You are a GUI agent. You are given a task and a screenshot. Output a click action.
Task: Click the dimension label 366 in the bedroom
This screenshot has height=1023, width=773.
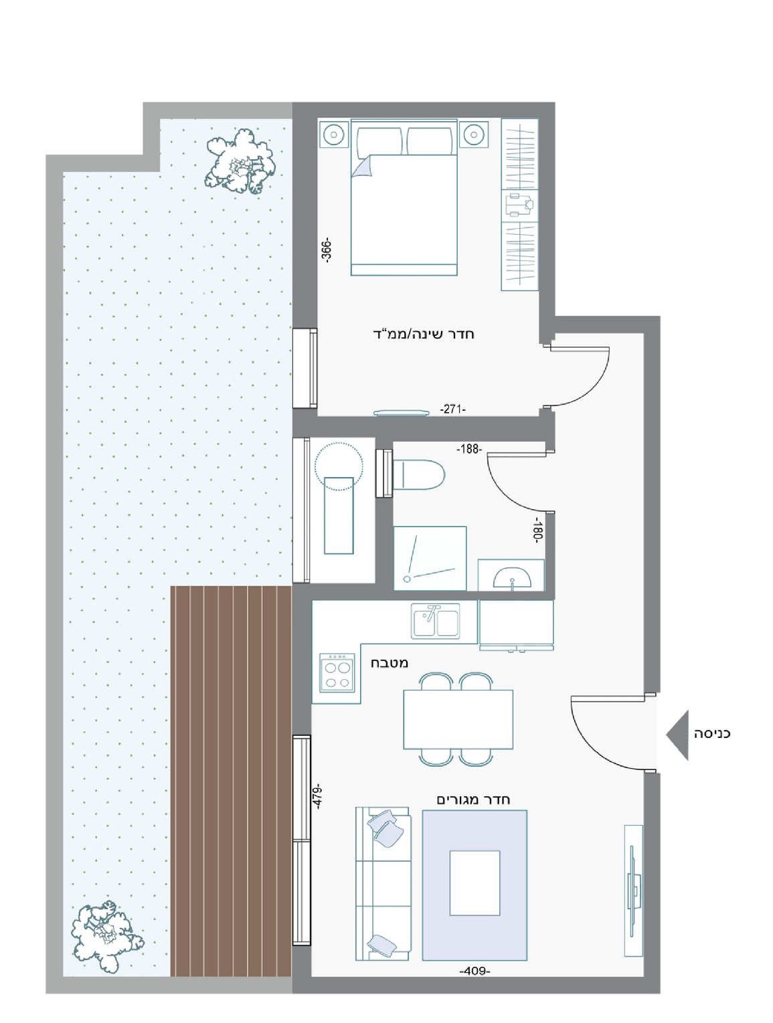coord(328,250)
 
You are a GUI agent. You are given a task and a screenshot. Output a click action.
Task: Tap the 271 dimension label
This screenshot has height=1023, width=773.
coord(452,409)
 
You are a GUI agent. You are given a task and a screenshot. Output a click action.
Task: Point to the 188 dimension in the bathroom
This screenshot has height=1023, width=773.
coord(468,449)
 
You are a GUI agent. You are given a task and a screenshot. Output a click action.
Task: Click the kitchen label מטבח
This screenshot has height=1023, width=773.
coord(390,663)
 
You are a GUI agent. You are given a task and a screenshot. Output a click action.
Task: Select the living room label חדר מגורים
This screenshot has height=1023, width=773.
coord(473,800)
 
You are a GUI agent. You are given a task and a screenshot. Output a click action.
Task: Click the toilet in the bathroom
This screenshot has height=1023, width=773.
coord(418,475)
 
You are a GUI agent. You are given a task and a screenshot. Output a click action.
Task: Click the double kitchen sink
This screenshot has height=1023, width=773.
coord(435,622)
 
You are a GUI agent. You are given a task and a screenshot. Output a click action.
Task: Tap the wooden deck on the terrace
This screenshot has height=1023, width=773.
coord(231,779)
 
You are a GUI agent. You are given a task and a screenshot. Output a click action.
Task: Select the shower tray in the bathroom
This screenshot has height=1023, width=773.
coord(430,559)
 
